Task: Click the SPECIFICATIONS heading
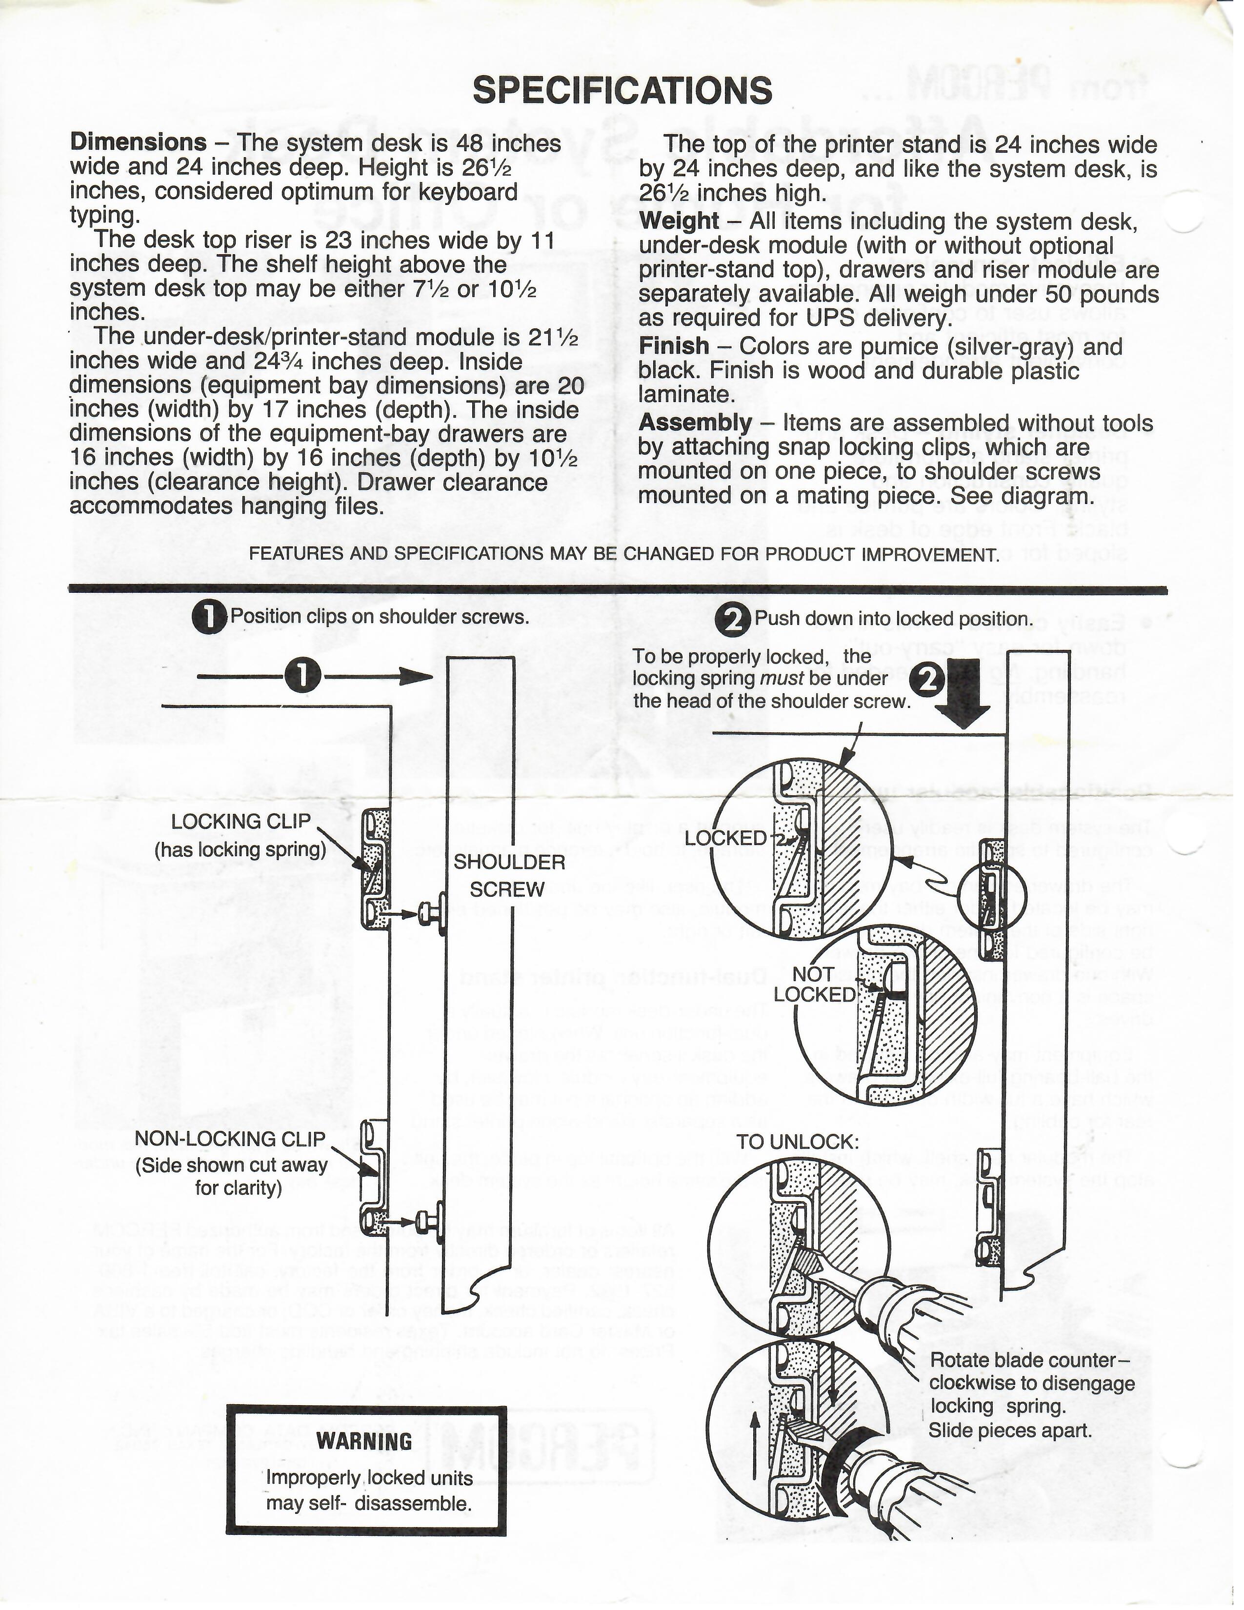(622, 91)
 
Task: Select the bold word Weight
(679, 221)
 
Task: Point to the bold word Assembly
(695, 423)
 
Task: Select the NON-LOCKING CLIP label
(230, 1138)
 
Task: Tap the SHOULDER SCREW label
(508, 875)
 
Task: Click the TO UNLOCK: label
(798, 1142)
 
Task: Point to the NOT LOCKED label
(814, 984)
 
